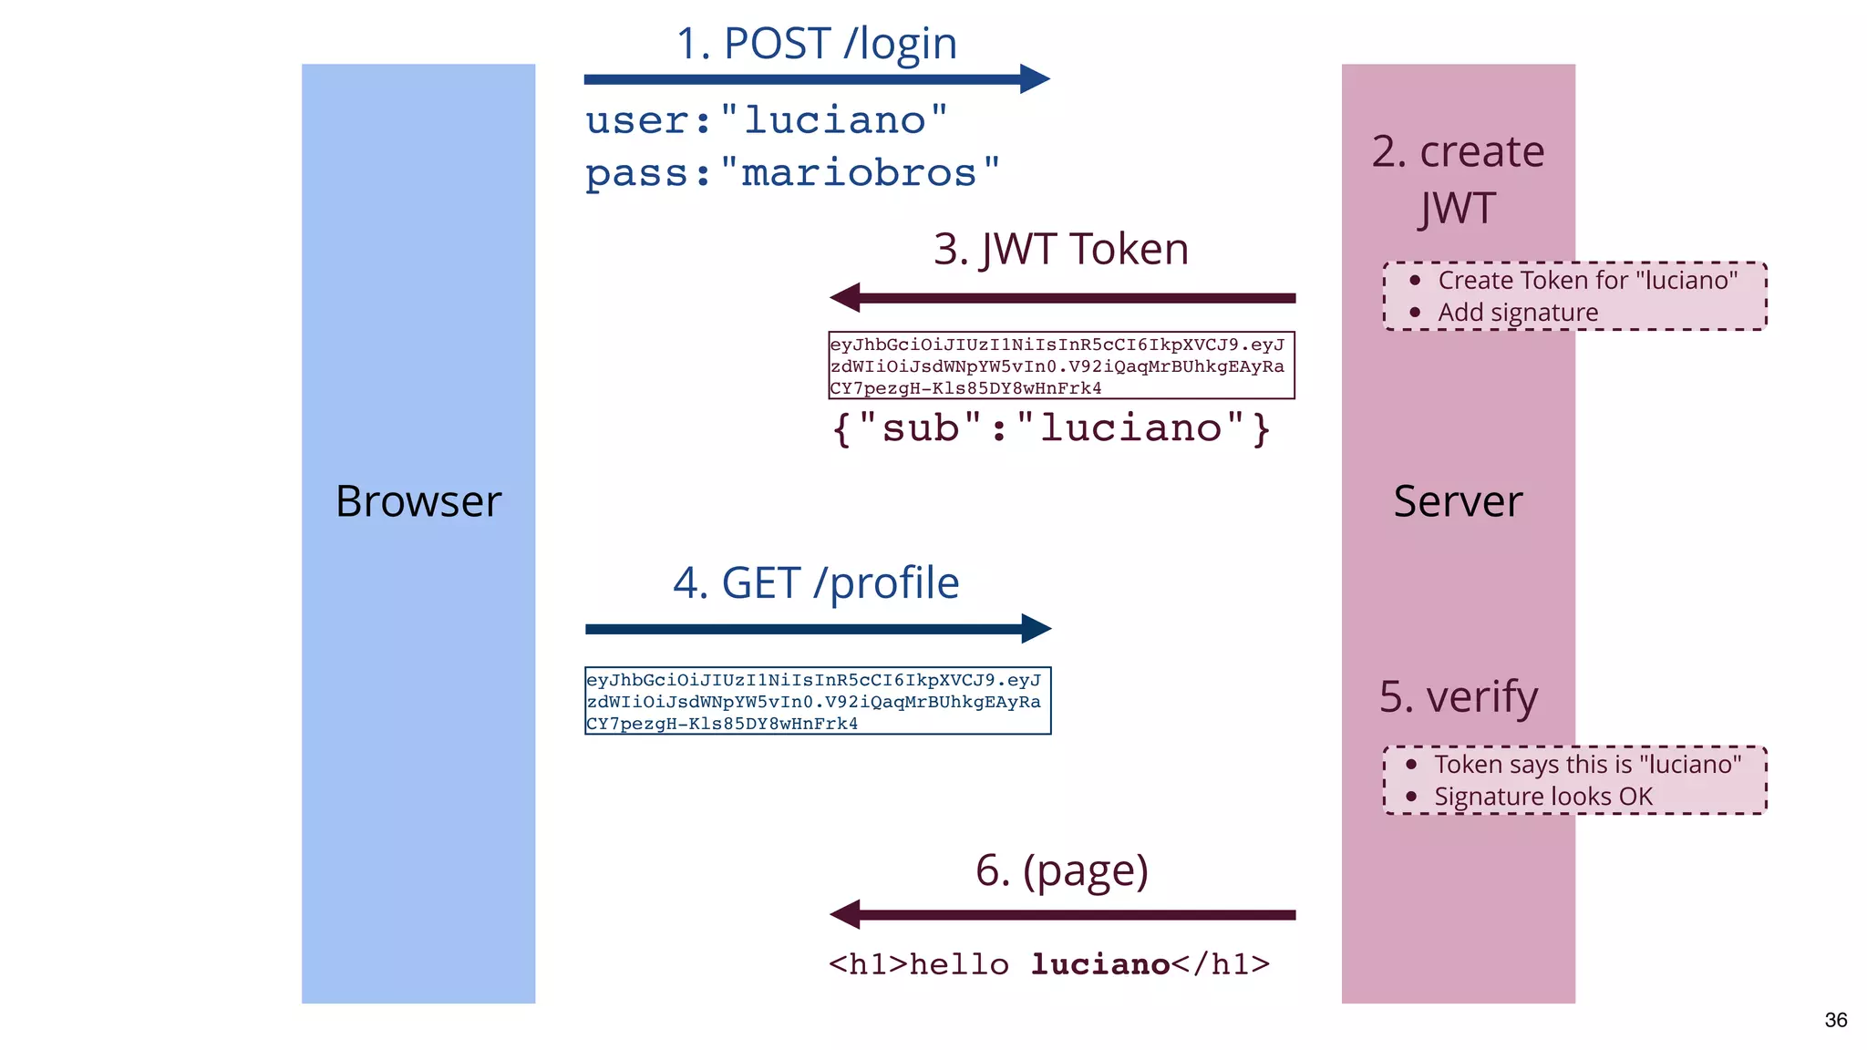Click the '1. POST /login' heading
[x=816, y=44]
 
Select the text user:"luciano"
[x=766, y=120]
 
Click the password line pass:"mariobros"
[x=791, y=172]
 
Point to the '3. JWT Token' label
[x=1060, y=250]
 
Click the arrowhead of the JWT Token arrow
[x=845, y=298]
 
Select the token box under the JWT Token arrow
[x=1060, y=365]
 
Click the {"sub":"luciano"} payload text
[x=1050, y=427]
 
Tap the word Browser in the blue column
[x=418, y=501]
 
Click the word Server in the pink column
[x=1457, y=501]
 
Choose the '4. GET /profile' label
[x=816, y=583]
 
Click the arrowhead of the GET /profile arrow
[x=1037, y=628]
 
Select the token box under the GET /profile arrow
[x=817, y=701]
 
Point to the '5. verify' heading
[x=1458, y=697]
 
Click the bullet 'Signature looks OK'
[x=1542, y=797]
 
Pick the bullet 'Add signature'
[x=1517, y=313]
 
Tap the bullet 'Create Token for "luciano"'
[x=1587, y=281]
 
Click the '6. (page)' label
[x=1061, y=870]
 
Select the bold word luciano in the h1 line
[x=1100, y=964]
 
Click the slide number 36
[x=1835, y=1020]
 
